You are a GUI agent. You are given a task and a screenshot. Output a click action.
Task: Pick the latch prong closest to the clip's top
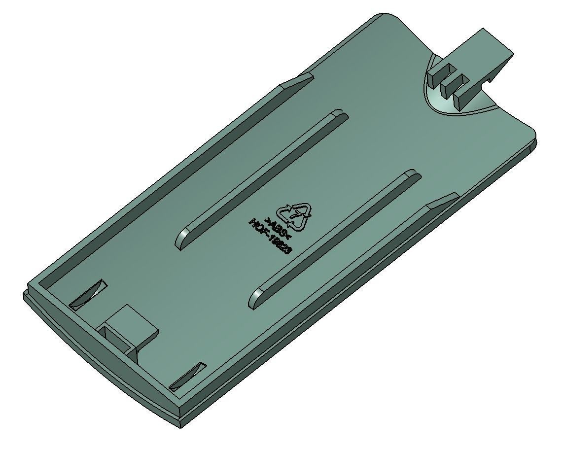437,74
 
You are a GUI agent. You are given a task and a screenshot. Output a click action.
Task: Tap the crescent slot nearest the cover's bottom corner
187,376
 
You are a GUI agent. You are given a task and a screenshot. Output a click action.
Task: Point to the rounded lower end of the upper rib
181,240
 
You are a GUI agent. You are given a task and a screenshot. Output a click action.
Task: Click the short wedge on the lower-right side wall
442,201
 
